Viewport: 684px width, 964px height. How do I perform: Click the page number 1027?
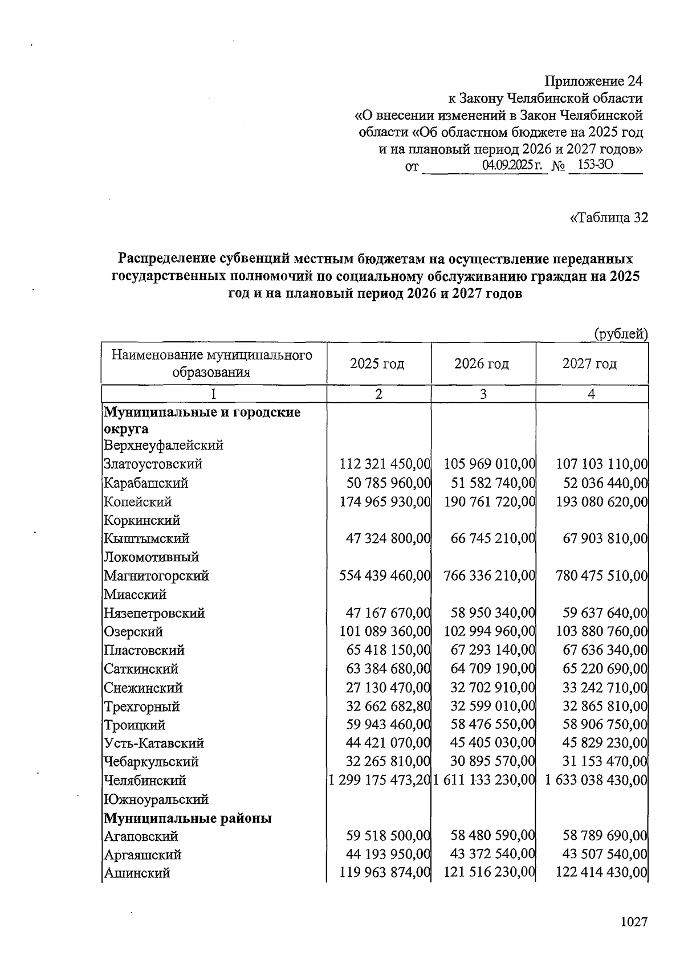coord(634,921)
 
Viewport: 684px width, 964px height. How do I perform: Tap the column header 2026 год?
coord(482,363)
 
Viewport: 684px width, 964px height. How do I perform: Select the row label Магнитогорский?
coord(156,576)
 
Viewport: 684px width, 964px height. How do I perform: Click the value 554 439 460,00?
coord(385,576)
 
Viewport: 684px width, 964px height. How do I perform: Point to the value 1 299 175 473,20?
coord(379,781)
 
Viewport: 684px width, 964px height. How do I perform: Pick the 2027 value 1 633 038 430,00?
coord(596,781)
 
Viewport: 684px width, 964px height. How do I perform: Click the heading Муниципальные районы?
coord(188,818)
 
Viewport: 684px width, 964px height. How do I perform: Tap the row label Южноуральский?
coord(156,799)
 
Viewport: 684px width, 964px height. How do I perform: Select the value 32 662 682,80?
coord(388,706)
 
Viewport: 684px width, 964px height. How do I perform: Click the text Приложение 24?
coord(593,81)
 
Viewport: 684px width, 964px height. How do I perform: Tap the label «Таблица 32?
coord(609,218)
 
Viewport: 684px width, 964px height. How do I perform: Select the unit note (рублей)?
coord(621,334)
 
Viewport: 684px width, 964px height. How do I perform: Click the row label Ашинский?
coord(137,873)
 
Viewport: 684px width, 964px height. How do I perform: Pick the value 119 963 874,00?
coord(385,873)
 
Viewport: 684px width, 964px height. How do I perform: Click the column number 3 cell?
coord(483,394)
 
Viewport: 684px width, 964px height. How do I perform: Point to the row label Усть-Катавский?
coord(154,744)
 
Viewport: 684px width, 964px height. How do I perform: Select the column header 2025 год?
coord(377,363)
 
